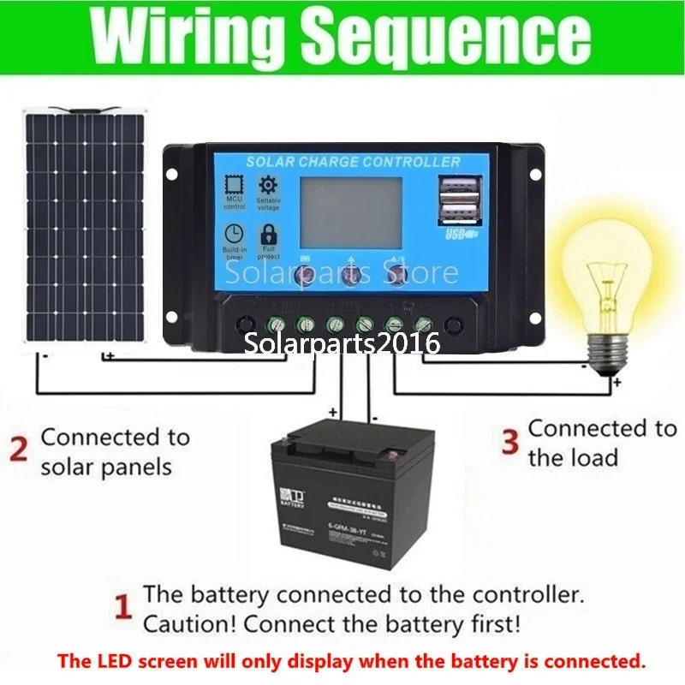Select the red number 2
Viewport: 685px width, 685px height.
click(x=18, y=449)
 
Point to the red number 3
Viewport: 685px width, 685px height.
click(x=510, y=442)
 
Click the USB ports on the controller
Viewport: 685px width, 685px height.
click(x=458, y=201)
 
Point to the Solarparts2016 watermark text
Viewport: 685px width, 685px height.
click(x=342, y=343)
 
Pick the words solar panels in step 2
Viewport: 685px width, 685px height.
click(x=106, y=467)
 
